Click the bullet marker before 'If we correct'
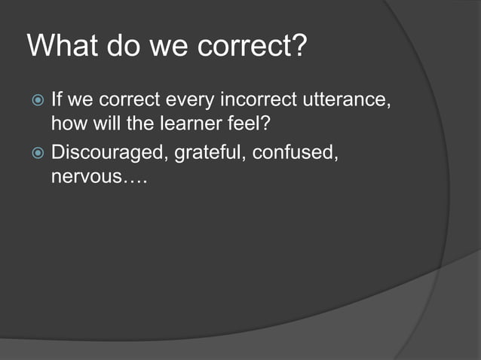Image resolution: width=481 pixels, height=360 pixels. tap(36, 99)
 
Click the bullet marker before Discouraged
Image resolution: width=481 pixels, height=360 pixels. tap(36, 154)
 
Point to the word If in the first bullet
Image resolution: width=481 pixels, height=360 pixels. tap(57, 99)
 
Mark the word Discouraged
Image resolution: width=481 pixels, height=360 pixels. tap(109, 154)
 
